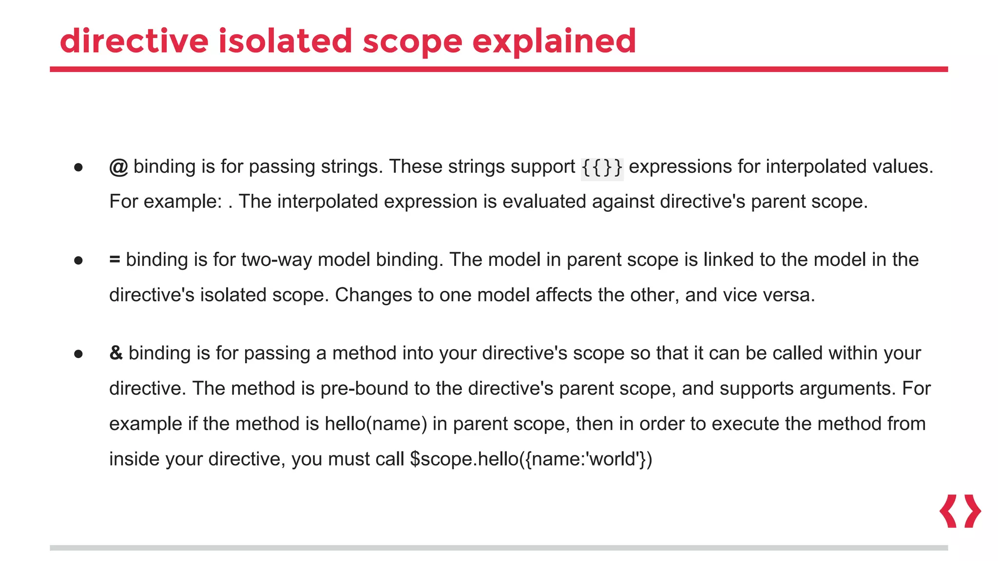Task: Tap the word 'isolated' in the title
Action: (285, 41)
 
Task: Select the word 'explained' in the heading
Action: (554, 41)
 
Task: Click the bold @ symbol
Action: (118, 167)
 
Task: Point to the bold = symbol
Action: (115, 260)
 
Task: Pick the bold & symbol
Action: (116, 353)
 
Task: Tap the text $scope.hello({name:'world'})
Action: (531, 459)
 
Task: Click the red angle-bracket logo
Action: (960, 511)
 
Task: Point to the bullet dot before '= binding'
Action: (78, 261)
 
